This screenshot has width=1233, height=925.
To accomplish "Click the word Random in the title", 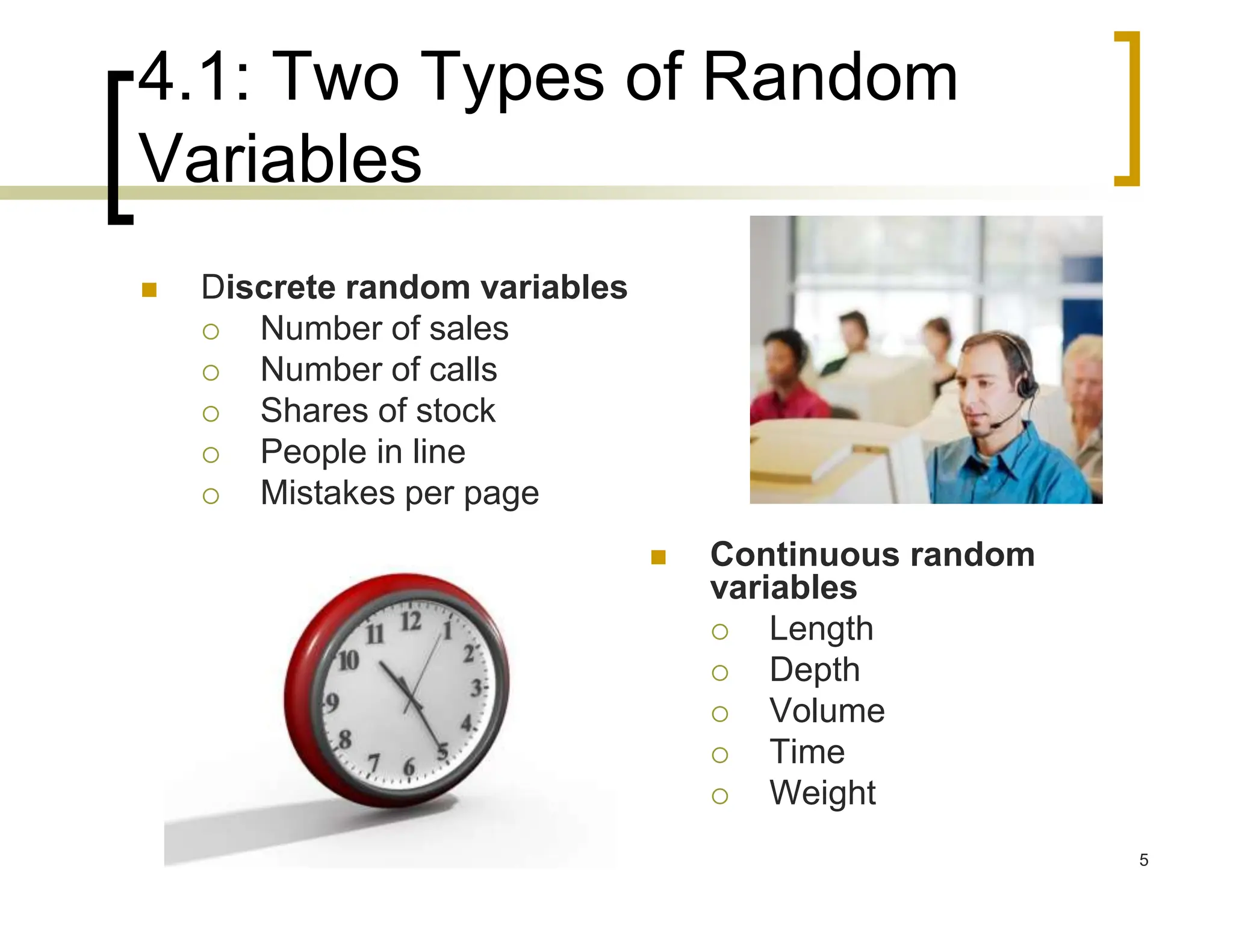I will [x=830, y=78].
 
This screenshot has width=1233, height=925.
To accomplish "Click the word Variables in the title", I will [x=280, y=159].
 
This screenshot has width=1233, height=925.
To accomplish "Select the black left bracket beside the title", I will [x=118, y=148].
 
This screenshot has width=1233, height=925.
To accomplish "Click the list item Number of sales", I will [x=384, y=329].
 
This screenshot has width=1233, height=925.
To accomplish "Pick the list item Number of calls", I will [x=379, y=370].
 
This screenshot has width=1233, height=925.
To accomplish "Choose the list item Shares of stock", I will [x=377, y=411].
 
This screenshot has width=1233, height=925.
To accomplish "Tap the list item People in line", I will [x=362, y=452].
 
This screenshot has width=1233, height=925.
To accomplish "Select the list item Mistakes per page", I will [x=399, y=493].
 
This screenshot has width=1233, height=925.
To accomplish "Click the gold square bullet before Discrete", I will [x=149, y=290].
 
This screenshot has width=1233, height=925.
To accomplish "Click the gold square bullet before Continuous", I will [x=658, y=558].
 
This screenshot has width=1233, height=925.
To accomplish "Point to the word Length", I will [x=821, y=629].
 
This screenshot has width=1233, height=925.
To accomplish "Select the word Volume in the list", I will [x=827, y=711].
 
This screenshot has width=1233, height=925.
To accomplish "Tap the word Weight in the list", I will [x=822, y=793].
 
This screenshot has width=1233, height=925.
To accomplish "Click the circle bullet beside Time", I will [x=720, y=755].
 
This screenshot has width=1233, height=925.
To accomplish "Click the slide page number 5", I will [x=1143, y=860].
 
